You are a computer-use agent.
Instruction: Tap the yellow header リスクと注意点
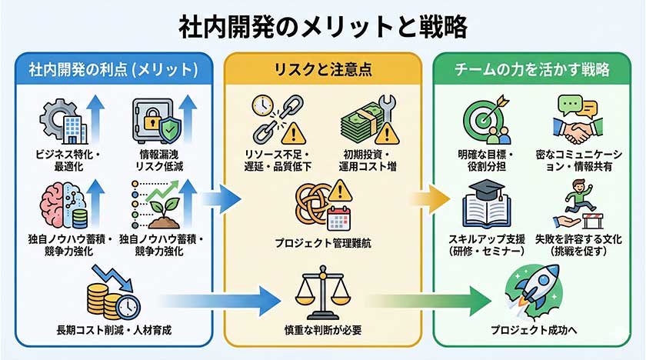322,70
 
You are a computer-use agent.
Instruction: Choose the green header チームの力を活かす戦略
532,70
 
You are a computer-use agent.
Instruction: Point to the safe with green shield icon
158,120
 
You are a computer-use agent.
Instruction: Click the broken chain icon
274,120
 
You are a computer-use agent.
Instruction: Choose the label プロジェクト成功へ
532,331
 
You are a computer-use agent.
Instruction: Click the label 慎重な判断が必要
322,331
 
